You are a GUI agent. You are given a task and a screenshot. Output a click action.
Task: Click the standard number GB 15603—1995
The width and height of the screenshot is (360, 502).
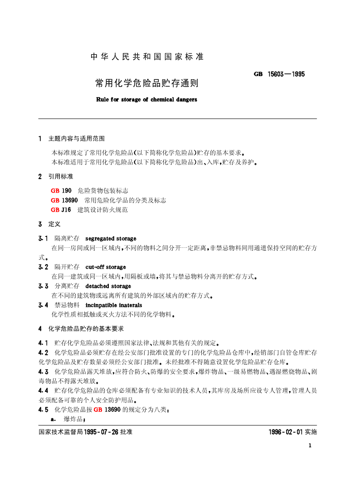pyautogui.click(x=279, y=73)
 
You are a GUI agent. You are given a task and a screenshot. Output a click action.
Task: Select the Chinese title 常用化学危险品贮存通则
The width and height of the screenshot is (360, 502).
pyautogui.click(x=146, y=83)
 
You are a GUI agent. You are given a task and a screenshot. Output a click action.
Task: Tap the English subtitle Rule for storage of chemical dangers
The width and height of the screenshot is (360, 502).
pyautogui.click(x=146, y=99)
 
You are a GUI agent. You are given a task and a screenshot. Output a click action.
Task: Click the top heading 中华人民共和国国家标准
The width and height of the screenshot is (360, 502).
pyautogui.click(x=147, y=57)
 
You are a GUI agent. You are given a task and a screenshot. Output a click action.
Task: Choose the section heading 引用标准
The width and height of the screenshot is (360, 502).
pyautogui.click(x=61, y=176)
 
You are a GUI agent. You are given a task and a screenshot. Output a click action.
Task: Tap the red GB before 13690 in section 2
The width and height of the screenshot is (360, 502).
pyautogui.click(x=55, y=200)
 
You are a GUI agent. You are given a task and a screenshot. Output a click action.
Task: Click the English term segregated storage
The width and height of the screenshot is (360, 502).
pyautogui.click(x=111, y=238)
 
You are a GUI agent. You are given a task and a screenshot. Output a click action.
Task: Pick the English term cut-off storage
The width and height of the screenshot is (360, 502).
pyautogui.click(x=106, y=267)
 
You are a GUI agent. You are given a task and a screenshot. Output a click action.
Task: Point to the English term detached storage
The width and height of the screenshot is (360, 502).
pyautogui.click(x=108, y=286)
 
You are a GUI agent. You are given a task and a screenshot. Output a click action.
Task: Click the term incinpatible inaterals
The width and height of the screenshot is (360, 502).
pyautogui.click(x=113, y=305)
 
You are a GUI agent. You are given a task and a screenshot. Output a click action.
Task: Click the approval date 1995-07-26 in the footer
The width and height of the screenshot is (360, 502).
pyautogui.click(x=101, y=432)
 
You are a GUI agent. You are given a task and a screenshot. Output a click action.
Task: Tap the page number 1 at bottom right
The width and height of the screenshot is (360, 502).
pyautogui.click(x=310, y=445)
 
